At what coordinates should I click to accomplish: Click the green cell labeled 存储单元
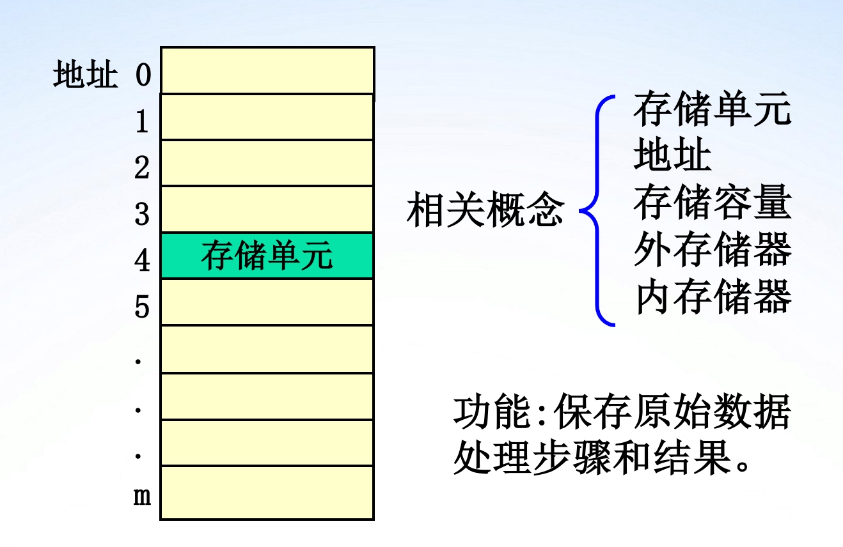267,256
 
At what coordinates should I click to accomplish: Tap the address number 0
143,75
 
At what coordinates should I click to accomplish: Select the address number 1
142,121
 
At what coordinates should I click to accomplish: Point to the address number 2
142,168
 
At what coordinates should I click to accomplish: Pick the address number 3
142,215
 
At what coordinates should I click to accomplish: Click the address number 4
142,261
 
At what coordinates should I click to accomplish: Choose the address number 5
142,307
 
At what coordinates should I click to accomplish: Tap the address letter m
142,497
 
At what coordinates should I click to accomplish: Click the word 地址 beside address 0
86,75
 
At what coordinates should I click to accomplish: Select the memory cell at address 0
267,70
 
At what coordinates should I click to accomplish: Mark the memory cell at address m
267,493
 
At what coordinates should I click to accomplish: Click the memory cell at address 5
267,302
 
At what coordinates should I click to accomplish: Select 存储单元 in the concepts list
713,111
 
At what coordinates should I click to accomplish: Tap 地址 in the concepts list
672,157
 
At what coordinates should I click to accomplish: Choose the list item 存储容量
713,203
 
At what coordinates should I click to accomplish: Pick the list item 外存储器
713,250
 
